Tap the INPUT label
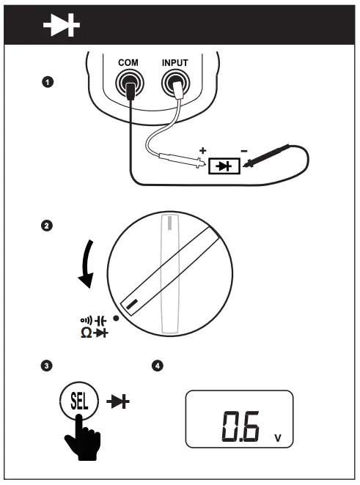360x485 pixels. (176, 64)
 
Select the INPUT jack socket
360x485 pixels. (176, 89)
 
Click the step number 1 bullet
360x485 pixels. (48, 83)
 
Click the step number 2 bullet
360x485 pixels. (48, 226)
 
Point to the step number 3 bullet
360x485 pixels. (48, 364)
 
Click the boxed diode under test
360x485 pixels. (221, 166)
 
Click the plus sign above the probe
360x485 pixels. (203, 150)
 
